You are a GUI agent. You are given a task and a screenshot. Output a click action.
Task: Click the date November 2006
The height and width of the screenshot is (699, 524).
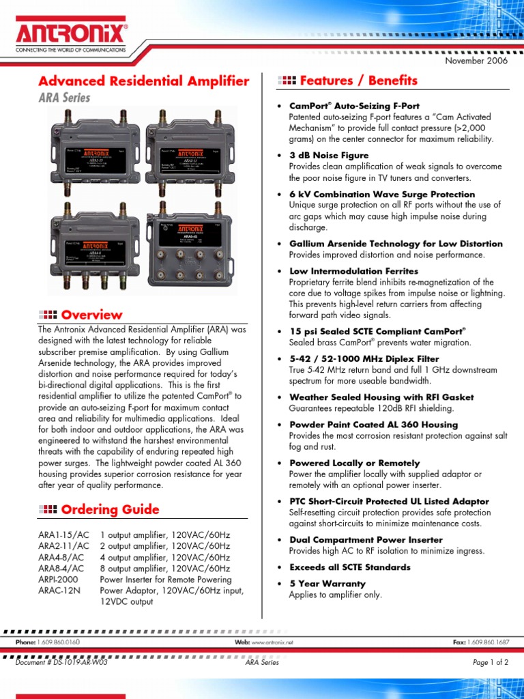coord(477,61)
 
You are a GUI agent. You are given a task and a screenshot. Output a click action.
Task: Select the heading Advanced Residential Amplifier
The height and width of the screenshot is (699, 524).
coord(143,81)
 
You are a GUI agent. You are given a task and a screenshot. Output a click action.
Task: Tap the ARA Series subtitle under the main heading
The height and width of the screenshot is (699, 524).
coord(64,98)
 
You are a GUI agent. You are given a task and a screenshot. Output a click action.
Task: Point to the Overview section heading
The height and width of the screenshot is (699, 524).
coord(91,315)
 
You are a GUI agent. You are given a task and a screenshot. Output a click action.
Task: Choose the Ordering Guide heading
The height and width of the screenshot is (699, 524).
coord(110,509)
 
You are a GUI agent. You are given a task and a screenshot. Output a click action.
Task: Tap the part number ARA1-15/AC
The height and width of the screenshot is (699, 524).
coord(63,534)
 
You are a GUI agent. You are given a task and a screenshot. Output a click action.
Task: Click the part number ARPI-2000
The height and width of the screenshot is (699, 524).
coord(57,580)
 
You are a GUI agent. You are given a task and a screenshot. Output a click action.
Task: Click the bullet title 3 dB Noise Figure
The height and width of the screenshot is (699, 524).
coord(329,156)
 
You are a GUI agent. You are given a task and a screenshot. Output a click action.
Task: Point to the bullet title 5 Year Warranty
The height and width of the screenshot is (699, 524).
coord(327,584)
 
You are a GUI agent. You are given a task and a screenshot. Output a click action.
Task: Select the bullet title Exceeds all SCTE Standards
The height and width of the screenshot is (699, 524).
coord(350,567)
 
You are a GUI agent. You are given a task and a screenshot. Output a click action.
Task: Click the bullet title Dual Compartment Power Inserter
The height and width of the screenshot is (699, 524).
coord(366,540)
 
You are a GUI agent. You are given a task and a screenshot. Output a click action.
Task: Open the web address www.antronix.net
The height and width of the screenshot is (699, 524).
coord(273,642)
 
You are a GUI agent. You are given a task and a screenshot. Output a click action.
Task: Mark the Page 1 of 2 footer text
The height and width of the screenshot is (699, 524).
coord(490,662)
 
